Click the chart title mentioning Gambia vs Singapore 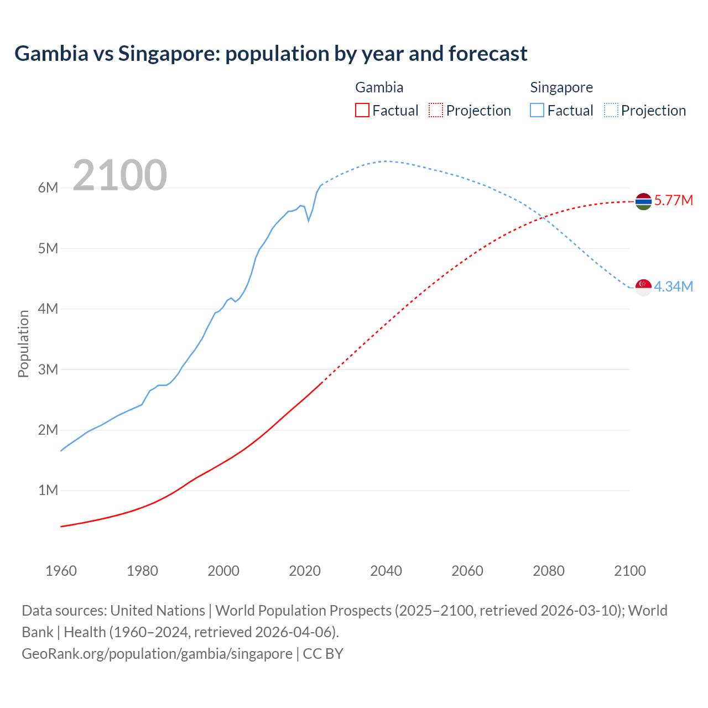(271, 54)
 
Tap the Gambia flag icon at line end (643, 202)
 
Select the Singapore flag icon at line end (643, 288)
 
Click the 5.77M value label (673, 200)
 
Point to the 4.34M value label (673, 287)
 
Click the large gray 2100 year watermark (119, 175)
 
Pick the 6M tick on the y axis (48, 188)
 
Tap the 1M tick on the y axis (48, 490)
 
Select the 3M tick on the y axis (48, 369)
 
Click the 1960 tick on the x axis (61, 571)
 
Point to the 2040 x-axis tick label (386, 571)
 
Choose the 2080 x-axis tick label (549, 571)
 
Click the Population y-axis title (23, 343)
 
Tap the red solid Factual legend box (362, 110)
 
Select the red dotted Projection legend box (436, 110)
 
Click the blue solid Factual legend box (537, 110)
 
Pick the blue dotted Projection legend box (611, 110)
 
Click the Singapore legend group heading (561, 87)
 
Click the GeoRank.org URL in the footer (157, 653)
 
